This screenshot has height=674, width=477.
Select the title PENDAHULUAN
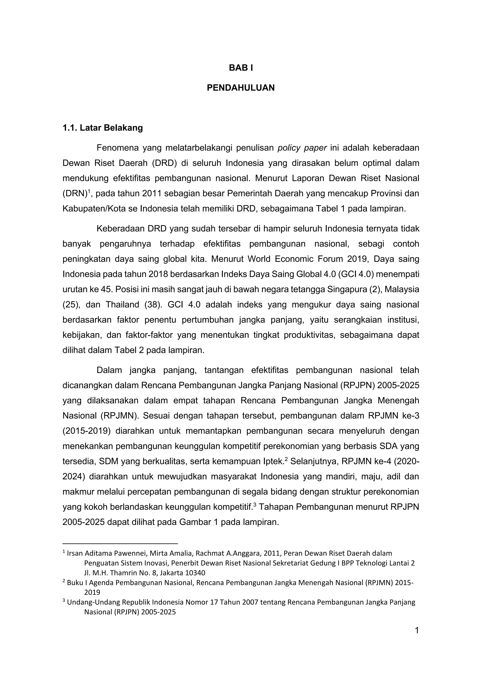point(241,88)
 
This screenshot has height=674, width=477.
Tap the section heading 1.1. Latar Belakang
point(102,128)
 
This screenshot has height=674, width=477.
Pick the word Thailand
point(122,305)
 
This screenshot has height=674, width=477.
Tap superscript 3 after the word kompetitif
point(255,505)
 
